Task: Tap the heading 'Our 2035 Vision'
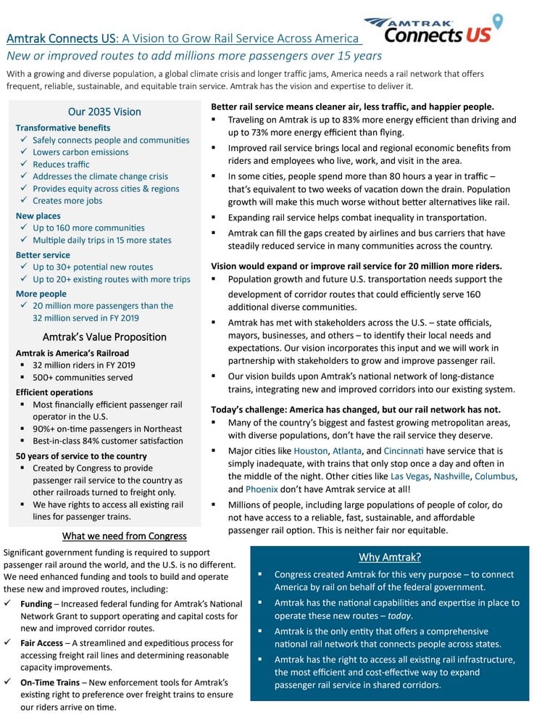point(104,112)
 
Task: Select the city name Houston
point(310,450)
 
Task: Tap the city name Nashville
point(452,476)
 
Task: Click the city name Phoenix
point(272,489)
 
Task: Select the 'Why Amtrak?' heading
point(390,557)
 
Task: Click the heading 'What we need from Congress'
point(125,536)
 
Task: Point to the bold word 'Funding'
point(36,604)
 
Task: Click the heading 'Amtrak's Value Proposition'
point(104,336)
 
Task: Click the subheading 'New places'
point(38,216)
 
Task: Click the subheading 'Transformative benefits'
point(62,128)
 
